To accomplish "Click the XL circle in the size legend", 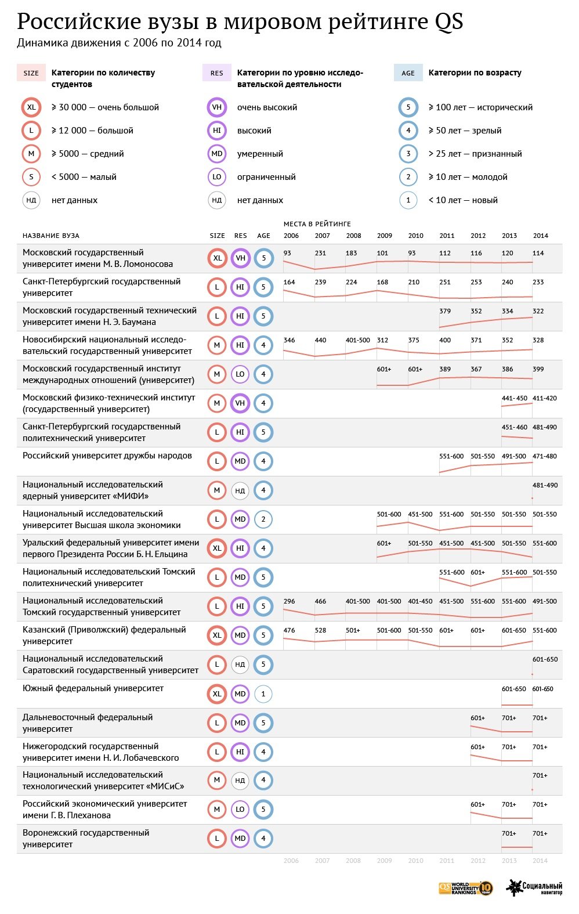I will (x=31, y=107).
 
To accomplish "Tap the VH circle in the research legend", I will (x=217, y=107).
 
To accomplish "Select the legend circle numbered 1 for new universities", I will (x=408, y=200).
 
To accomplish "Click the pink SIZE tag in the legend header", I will (x=31, y=73).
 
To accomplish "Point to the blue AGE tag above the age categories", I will (x=408, y=73).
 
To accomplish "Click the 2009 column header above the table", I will (x=385, y=236).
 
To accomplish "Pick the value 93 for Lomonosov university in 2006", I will (x=288, y=253).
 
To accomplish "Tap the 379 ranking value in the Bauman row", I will (x=445, y=311).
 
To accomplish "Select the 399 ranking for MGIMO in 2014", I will (x=538, y=369).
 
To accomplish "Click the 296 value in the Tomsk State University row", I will (x=289, y=601).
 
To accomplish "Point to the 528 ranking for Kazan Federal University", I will (x=320, y=630).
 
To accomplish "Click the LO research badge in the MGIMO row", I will (x=240, y=374).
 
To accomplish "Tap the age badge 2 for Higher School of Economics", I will (x=263, y=519).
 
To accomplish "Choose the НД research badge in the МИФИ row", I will (x=240, y=490).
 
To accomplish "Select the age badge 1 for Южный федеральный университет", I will (x=263, y=693).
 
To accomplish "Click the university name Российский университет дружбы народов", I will (x=107, y=456).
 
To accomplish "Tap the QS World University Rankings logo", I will (x=466, y=888).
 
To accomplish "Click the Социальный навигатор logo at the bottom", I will (x=534, y=888).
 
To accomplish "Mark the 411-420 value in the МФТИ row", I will (x=545, y=398).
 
